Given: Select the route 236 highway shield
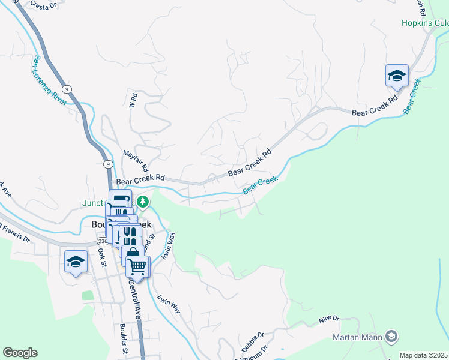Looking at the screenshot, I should point(102,241).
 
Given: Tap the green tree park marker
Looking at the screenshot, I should point(142,201).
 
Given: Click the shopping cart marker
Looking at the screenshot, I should point(137,266).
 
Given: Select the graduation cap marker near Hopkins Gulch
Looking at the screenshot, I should point(397,76).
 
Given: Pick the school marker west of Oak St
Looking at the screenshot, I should point(76,261).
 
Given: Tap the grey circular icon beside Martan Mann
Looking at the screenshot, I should point(391,337).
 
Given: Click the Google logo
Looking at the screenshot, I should point(20,353).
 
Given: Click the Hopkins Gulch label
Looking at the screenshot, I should point(425,23).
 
